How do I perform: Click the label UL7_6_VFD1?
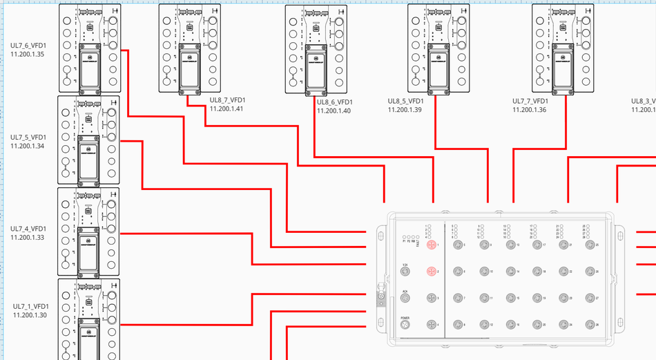point(28,46)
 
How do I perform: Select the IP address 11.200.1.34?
point(28,146)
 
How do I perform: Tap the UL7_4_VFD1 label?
point(28,229)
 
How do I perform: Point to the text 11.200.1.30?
point(30,315)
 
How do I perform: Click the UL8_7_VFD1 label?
point(227,100)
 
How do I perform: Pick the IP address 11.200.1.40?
point(334,111)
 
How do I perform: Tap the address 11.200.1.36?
point(530,109)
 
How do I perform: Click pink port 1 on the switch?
point(432,245)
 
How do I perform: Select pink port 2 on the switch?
point(432,272)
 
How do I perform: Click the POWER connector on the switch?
point(405,324)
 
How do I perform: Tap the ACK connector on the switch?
point(405,298)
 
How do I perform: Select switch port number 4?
point(432,324)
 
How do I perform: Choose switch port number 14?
point(510,272)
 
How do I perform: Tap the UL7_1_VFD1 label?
point(30,307)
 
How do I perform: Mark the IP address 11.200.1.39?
point(405,109)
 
